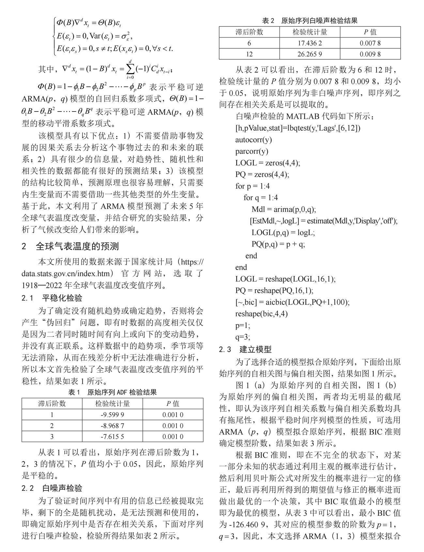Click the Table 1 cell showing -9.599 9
pos(112,415)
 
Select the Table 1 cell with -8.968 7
pos(112,426)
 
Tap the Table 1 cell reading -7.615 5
pos(112,437)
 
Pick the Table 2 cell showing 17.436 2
pos(310,43)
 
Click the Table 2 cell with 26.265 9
pos(310,54)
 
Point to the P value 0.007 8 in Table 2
pos(370,43)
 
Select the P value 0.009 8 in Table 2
pos(370,54)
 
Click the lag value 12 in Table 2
pos(249,54)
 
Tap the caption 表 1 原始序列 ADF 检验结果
pos(112,392)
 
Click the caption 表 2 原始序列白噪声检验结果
pos(310,21)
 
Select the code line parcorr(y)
pos(252,151)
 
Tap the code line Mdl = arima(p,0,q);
pos(284,209)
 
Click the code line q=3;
pos(243,337)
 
